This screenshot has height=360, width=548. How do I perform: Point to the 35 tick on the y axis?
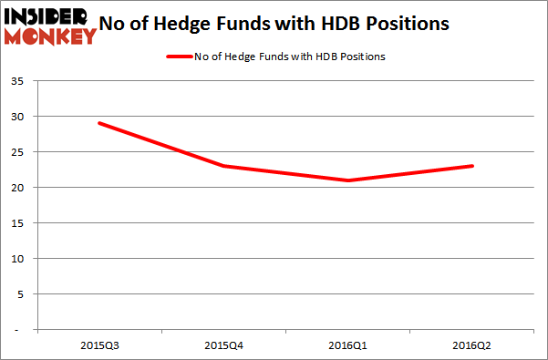coord(25,81)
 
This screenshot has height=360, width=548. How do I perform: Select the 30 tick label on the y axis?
coord(25,117)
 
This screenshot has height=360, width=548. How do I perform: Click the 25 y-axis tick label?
coord(25,152)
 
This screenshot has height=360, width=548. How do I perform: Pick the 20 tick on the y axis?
coord(25,188)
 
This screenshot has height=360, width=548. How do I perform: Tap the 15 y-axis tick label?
coord(25,223)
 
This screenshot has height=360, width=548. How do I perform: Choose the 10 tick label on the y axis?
coord(25,258)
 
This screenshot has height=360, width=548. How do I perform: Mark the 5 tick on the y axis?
coord(27,293)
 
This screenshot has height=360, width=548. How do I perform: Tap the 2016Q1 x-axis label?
coord(347,345)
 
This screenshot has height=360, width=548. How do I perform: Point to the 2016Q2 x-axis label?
coord(472,345)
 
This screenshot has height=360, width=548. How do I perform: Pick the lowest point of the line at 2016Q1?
coord(347,180)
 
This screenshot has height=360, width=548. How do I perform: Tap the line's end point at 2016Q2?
coord(472,166)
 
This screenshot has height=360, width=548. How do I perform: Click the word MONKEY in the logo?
coord(51,36)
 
